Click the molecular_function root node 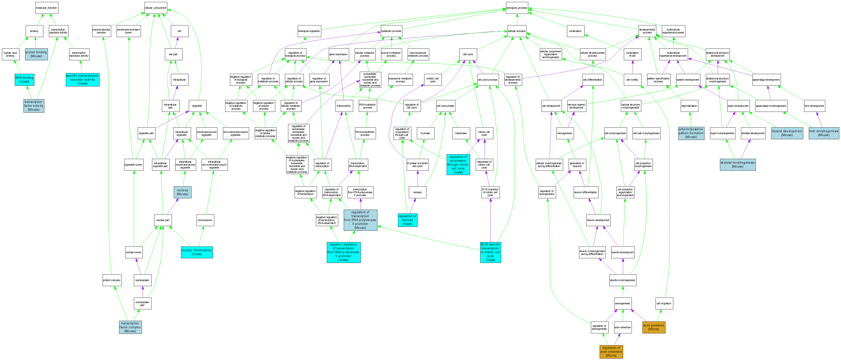click(47, 8)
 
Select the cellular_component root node click(156, 8)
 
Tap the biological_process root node click(517, 8)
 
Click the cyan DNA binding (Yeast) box click(24, 80)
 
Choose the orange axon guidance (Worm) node click(654, 327)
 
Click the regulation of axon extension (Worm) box click(611, 352)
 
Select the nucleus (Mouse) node click(183, 192)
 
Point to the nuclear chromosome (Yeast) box click(197, 252)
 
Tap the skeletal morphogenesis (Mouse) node click(737, 164)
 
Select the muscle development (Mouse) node click(787, 133)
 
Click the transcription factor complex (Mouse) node click(130, 327)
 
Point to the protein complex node click(112, 280)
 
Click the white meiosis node click(418, 192)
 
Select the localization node click(575, 31)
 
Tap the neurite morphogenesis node click(623, 280)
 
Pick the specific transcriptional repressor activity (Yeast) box click(82, 80)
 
